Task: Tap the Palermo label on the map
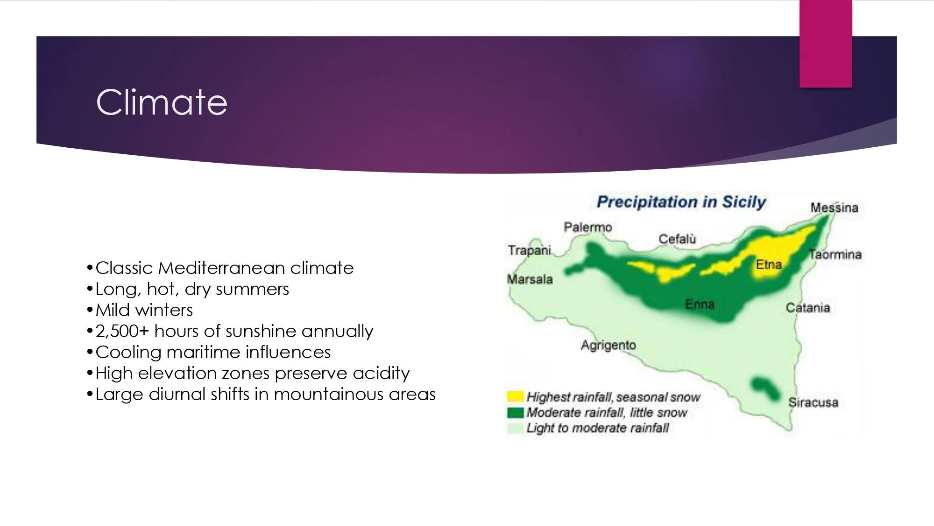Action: (587, 227)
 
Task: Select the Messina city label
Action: (834, 208)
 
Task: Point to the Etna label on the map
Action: (769, 265)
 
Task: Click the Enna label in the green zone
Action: (700, 304)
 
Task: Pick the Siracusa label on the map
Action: (813, 403)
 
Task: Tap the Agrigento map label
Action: (609, 346)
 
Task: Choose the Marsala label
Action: (530, 280)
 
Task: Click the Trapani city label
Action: (530, 251)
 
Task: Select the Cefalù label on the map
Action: (677, 239)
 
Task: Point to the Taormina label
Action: (835, 254)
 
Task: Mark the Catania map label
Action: (808, 308)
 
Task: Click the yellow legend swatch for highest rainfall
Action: (515, 396)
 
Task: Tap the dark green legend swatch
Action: (515, 412)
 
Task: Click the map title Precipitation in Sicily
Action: (681, 202)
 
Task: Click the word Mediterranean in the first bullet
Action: (221, 268)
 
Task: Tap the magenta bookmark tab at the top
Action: (826, 43)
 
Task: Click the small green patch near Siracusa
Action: (764, 389)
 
